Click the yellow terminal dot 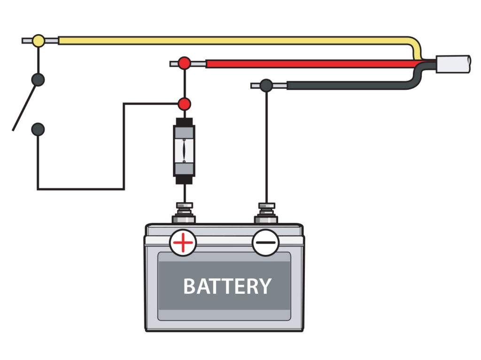(x=39, y=41)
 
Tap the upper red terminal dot (x=184, y=63)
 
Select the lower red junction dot (x=185, y=104)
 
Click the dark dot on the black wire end (x=266, y=85)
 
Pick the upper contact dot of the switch (x=38, y=79)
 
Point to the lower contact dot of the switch (x=38, y=129)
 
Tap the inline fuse (x=185, y=151)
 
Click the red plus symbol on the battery (x=183, y=243)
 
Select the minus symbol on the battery (x=266, y=243)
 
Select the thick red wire (x=305, y=63)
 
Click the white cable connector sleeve (x=453, y=64)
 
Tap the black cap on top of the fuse (x=185, y=122)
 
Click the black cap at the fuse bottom (x=185, y=180)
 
